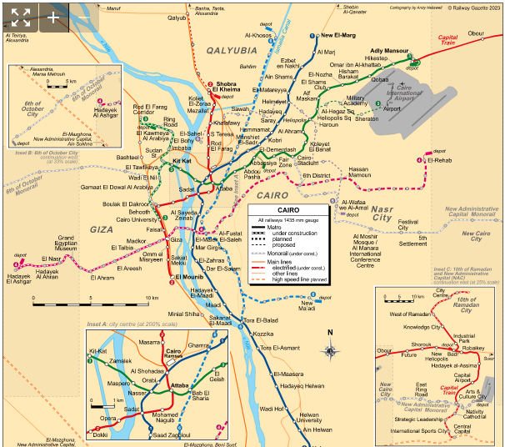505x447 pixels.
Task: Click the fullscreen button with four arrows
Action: (21, 16)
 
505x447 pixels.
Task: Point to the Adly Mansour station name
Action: (387, 51)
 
